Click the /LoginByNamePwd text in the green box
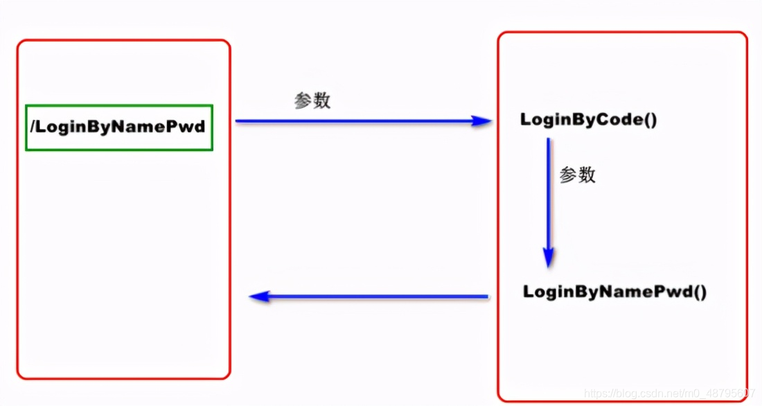click(x=118, y=127)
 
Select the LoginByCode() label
click(x=588, y=120)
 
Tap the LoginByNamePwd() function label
click(x=614, y=292)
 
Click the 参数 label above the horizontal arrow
click(x=312, y=101)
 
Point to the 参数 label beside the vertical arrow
click(x=577, y=175)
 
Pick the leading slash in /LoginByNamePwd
click(x=32, y=127)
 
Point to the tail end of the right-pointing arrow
click(x=238, y=121)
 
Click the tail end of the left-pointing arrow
click(x=486, y=297)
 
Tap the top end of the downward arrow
click(x=548, y=139)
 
